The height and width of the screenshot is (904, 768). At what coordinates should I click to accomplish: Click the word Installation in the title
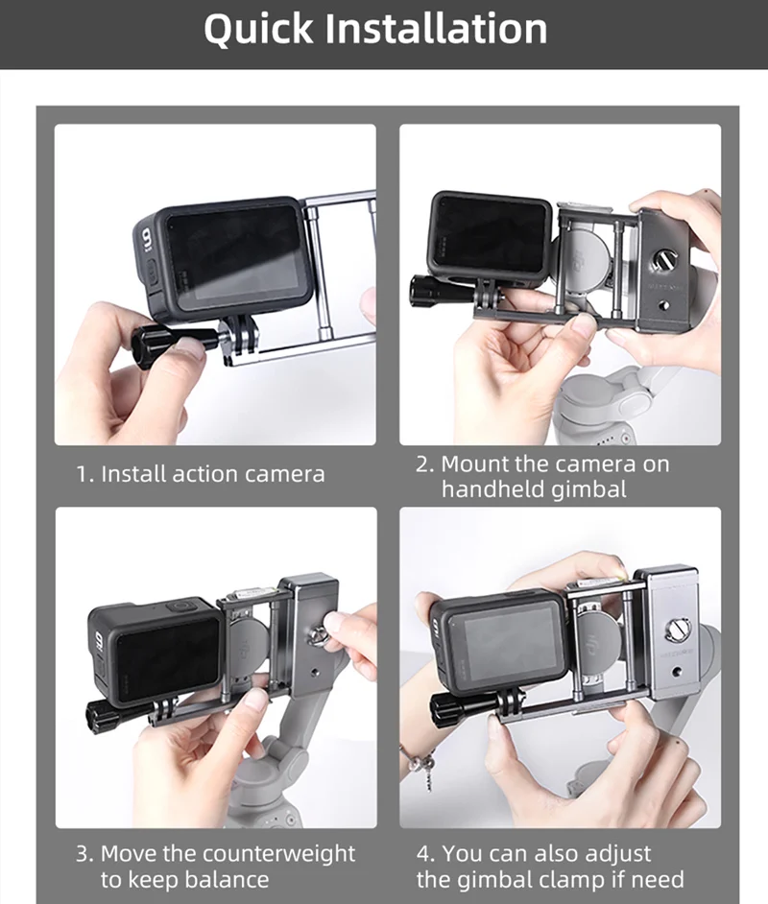click(437, 30)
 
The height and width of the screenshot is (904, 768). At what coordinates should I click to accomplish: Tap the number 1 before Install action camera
click(83, 474)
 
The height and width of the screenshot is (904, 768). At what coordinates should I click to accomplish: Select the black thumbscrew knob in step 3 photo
click(104, 714)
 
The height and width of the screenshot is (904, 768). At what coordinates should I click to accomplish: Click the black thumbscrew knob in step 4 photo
click(448, 708)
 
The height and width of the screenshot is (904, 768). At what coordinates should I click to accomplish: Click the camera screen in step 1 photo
click(235, 257)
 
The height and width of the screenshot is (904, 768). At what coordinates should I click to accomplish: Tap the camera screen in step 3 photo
click(168, 658)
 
